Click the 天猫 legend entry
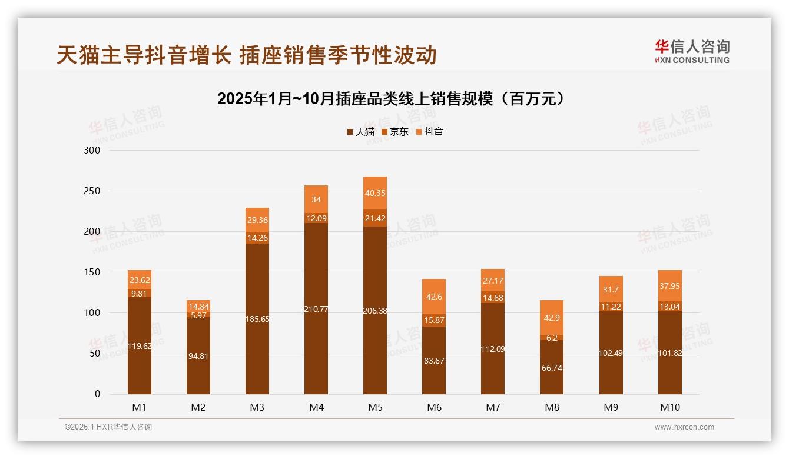tap(360, 131)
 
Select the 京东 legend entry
tap(395, 131)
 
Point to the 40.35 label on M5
tap(375, 192)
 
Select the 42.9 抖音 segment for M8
tap(552, 317)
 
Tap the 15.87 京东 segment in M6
tap(434, 320)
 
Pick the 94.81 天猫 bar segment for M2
tap(198, 356)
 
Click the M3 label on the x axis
tap(257, 407)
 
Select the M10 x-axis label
tap(669, 407)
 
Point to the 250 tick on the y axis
tap(92, 191)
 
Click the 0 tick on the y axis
tap(98, 394)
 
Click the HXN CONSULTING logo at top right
tap(692, 51)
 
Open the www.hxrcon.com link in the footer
tap(684, 427)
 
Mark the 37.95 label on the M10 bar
tap(669, 287)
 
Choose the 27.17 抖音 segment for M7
tap(493, 280)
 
